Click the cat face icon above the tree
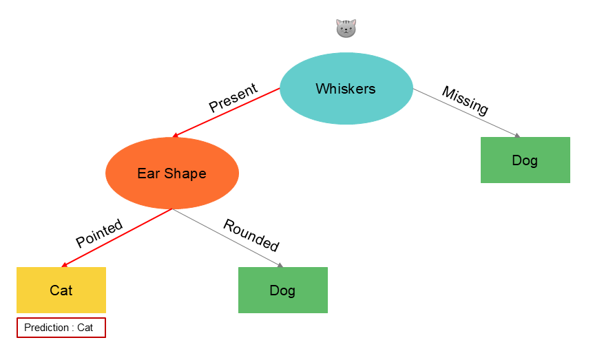[346, 28]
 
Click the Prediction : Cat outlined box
[61, 328]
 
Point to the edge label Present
[233, 98]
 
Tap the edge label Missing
[465, 100]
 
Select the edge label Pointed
[99, 233]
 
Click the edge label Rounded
[251, 235]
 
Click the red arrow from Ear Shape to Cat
[117, 237]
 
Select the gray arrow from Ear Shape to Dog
[227, 237]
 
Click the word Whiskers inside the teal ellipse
[346, 89]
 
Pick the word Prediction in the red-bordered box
[46, 328]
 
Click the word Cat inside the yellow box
[61, 290]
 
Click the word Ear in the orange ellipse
[148, 173]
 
